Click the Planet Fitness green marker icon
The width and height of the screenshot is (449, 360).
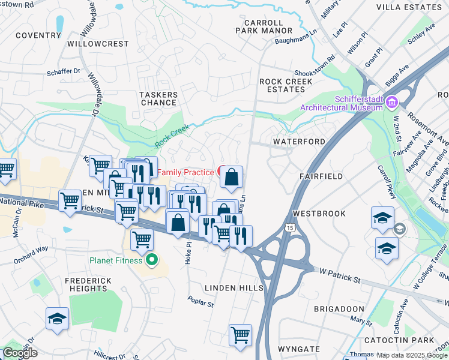click(x=152, y=260)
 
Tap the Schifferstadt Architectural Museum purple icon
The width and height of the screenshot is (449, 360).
click(x=392, y=103)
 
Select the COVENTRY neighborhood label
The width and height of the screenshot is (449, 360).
click(x=38, y=35)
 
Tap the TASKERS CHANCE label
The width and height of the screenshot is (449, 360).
click(x=158, y=98)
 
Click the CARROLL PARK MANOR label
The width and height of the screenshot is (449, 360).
click(x=264, y=26)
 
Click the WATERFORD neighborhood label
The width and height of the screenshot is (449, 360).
click(x=299, y=142)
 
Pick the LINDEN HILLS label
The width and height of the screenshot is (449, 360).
click(x=234, y=289)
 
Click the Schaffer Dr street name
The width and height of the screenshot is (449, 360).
click(x=63, y=71)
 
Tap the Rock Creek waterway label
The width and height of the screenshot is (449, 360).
click(x=172, y=136)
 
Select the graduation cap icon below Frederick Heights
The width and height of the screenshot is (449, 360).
click(x=58, y=319)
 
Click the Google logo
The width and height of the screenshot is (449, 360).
click(x=20, y=352)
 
